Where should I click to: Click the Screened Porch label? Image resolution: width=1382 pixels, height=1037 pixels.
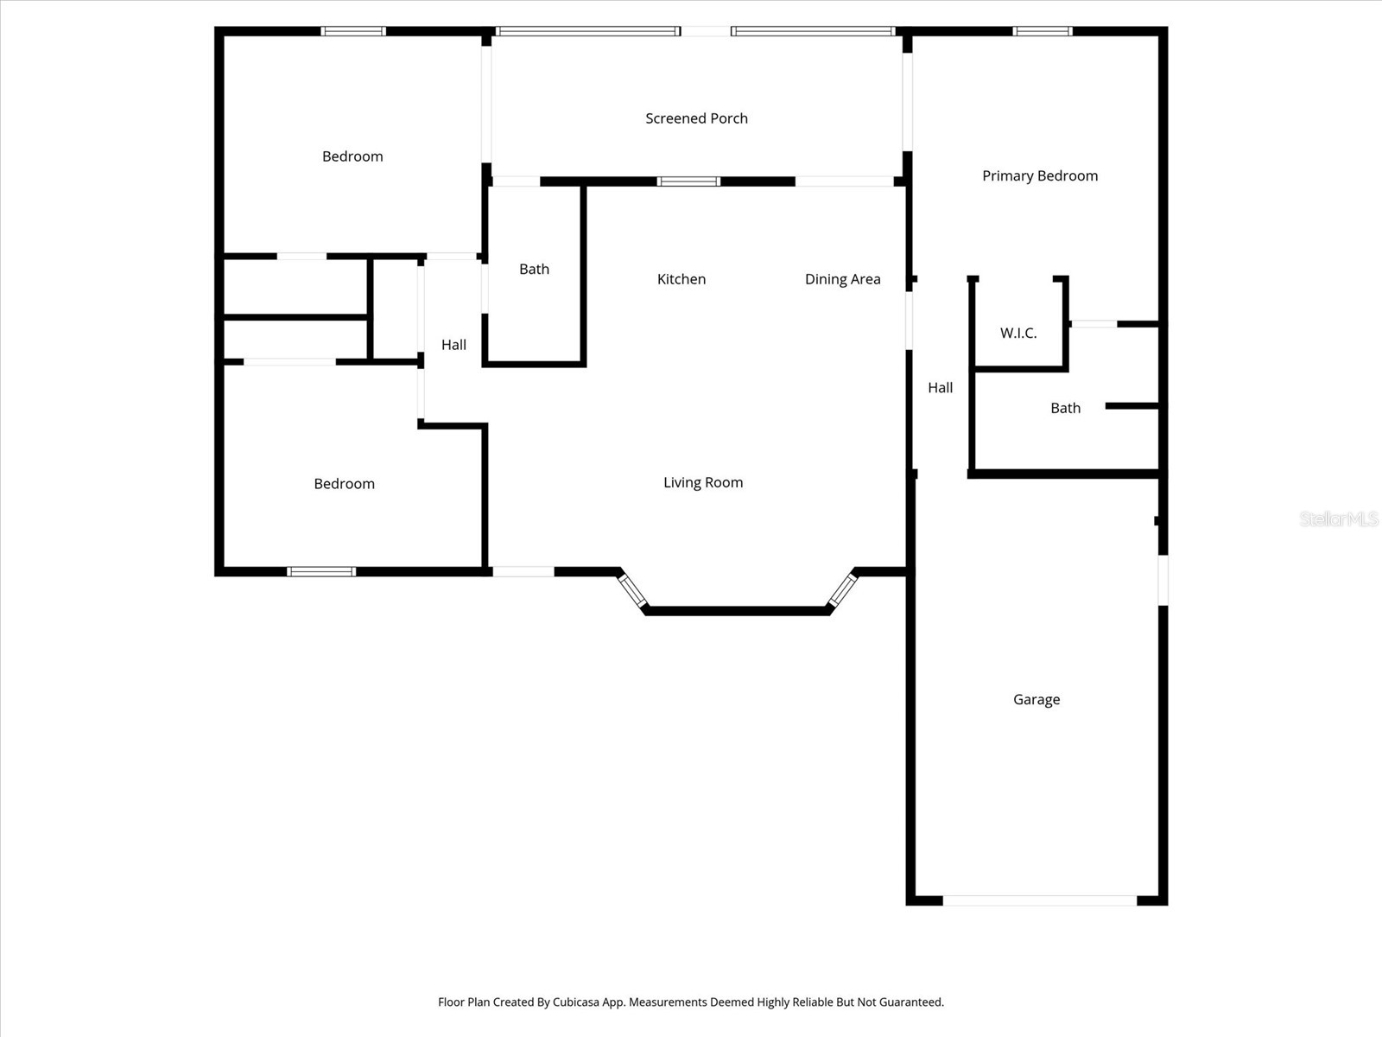coord(696,118)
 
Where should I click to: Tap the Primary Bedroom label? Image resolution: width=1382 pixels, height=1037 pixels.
coord(1040,175)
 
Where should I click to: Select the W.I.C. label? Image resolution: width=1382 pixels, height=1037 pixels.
coord(1018,333)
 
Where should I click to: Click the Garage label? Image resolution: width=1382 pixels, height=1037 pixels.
coord(1036,699)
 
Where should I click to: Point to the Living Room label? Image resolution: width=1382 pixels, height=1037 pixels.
coord(703,482)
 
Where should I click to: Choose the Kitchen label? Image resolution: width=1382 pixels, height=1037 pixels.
coord(681,279)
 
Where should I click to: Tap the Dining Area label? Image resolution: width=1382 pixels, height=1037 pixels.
coord(842,279)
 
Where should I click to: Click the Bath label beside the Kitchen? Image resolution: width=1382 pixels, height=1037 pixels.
coord(534,269)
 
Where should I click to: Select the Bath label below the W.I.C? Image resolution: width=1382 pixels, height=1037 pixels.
coord(1065,408)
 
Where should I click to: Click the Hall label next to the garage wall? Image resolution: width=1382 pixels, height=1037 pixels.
coord(940,388)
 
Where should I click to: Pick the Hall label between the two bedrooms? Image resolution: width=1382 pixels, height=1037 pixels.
coord(453,345)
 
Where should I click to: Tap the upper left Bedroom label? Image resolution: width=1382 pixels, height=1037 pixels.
coord(352,156)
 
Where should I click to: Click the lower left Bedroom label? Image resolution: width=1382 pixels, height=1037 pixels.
coord(344,484)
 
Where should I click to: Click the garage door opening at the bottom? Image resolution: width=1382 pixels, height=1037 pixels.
coord(1040,900)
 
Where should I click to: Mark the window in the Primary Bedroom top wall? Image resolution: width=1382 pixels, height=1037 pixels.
coord(1043,32)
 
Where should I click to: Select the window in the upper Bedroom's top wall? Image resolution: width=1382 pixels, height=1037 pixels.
coord(353,32)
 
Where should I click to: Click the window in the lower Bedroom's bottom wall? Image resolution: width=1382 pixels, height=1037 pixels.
coord(321,571)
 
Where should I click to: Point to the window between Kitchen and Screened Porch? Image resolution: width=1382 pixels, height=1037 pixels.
coord(688,181)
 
